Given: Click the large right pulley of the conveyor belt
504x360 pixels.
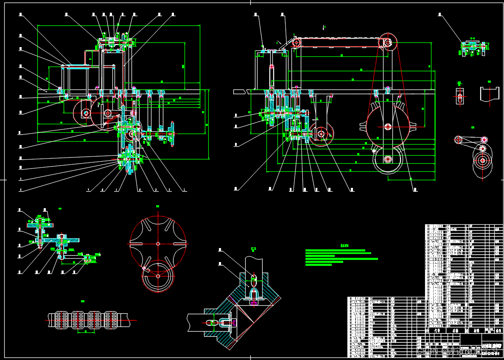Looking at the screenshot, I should [388, 42].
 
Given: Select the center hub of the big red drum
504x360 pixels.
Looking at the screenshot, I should [388, 126].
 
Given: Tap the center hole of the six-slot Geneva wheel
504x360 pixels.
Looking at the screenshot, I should [158, 243].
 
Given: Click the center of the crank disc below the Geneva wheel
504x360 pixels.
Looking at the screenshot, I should [158, 276].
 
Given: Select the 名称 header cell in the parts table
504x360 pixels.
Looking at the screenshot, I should [455, 330].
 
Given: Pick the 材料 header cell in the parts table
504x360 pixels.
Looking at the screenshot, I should [476, 330].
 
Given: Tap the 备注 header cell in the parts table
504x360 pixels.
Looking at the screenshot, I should [498, 330].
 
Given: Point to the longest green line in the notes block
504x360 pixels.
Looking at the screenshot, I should [342, 259].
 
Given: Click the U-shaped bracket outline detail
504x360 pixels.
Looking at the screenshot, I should [490, 94].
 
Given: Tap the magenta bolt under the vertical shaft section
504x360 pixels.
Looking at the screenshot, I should [254, 303].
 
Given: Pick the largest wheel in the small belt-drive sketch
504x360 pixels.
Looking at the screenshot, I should [482, 161].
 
